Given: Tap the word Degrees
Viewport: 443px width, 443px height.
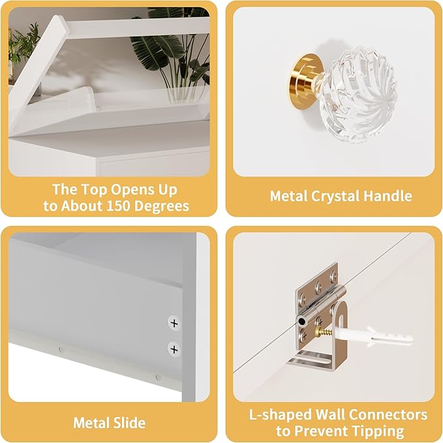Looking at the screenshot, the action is [x=162, y=207].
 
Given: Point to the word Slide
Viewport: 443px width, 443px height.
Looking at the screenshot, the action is [x=129, y=423].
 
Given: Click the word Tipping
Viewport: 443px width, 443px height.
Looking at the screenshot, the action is [x=376, y=432].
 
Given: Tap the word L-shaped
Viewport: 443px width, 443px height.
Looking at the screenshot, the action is [x=281, y=416].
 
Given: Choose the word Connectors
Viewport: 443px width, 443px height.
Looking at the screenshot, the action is [x=388, y=415].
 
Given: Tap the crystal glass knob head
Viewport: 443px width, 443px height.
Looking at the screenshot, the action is [x=358, y=94].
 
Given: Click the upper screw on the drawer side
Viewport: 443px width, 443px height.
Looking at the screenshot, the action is [x=174, y=323].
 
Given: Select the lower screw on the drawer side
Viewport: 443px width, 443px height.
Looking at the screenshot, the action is [x=174, y=349].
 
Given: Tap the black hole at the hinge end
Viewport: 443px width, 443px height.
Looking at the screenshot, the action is [x=301, y=321].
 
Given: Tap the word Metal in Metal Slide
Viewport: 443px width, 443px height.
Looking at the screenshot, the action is [x=91, y=423].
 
